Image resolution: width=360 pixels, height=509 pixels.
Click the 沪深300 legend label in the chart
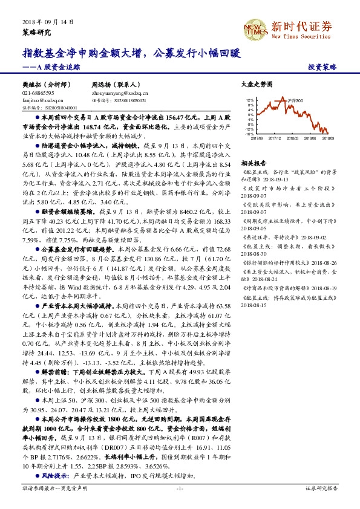[x=295, y=100]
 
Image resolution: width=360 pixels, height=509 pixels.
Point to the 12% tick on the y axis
[x=249, y=100]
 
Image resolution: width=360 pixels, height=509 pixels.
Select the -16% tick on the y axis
[x=249, y=134]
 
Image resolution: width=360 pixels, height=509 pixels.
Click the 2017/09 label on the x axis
[x=257, y=138]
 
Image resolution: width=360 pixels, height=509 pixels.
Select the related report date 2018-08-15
[x=254, y=305]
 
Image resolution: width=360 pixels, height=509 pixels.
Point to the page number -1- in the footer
[x=179, y=487]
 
